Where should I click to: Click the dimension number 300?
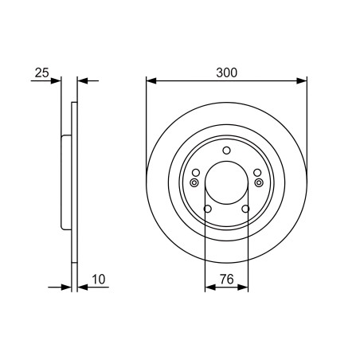pos(226,72)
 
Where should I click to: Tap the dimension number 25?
pos(42,72)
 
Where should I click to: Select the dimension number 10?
pos(99,280)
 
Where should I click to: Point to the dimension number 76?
pos(227,280)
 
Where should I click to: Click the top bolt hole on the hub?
pos(226,151)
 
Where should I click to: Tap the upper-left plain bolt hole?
pos(196,173)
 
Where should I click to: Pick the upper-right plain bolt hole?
pos(257,173)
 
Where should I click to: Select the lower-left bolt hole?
pos(208,209)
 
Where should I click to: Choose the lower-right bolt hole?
pos(245,209)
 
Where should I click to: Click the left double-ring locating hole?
pos(194,182)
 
